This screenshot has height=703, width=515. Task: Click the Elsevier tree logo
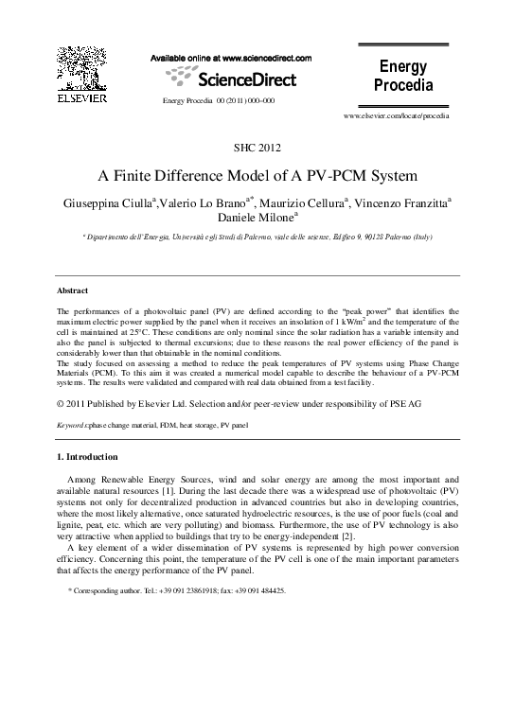pos(77,67)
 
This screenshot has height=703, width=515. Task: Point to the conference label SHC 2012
pos(257,146)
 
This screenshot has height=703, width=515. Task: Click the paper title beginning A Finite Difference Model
pos(257,176)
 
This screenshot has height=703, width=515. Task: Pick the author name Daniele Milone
pos(254,217)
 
